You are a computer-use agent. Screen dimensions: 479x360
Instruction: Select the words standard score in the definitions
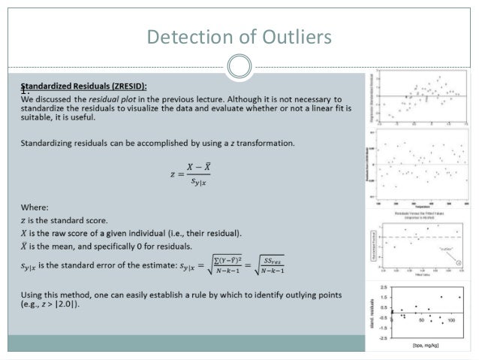click(x=110, y=220)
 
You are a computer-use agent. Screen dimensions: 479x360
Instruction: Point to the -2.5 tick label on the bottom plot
click(x=383, y=337)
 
